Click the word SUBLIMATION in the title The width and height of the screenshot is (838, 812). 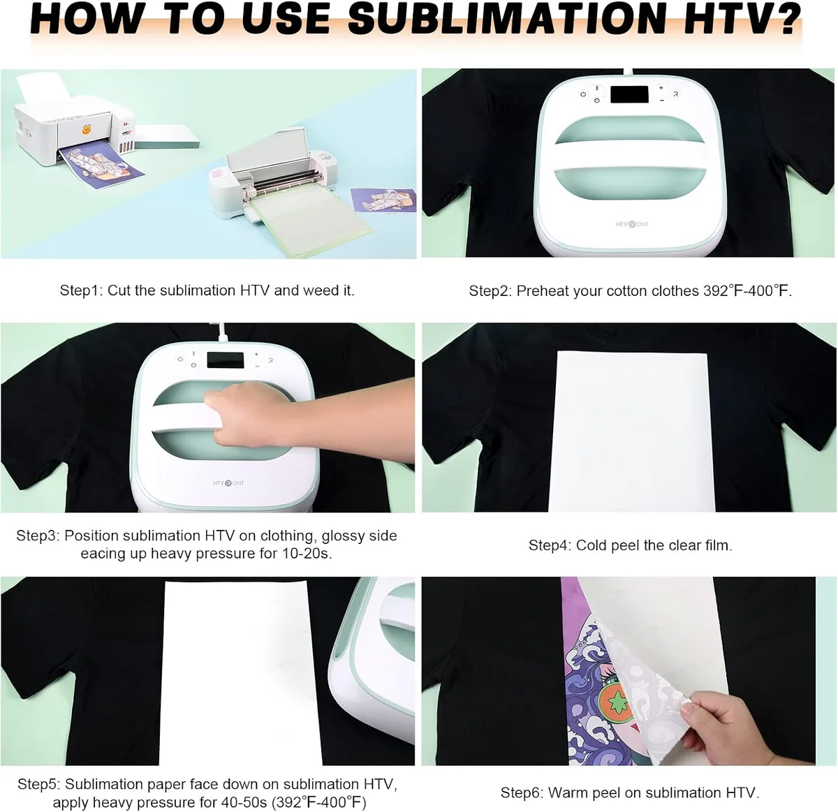pyautogui.click(x=506, y=20)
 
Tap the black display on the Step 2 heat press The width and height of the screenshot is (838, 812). pyautogui.click(x=628, y=94)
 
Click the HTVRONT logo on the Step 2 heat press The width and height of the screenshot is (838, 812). pyautogui.click(x=631, y=224)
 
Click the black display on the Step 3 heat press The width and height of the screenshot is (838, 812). pyautogui.click(x=226, y=360)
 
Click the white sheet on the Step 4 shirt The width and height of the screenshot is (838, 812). pyautogui.click(x=632, y=431)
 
